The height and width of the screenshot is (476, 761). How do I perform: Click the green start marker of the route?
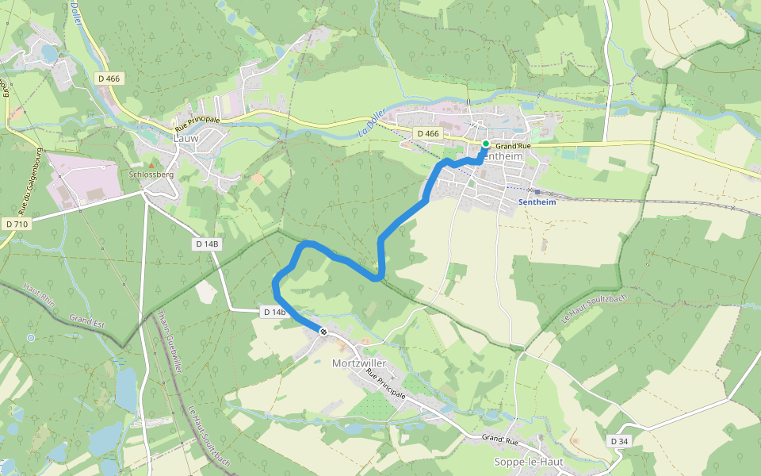pos(486,144)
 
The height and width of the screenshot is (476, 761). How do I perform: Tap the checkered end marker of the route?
pos(323,331)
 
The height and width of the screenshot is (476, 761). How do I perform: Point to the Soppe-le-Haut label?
pos(529,462)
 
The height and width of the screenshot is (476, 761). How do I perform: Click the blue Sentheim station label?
pos(537,202)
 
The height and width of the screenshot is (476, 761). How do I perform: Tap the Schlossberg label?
pos(151,174)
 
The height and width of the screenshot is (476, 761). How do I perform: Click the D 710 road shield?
pos(17,225)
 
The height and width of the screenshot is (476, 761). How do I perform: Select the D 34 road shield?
pos(620,440)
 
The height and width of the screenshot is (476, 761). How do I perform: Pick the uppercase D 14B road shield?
pos(207,244)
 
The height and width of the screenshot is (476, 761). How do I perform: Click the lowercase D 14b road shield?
pos(273,313)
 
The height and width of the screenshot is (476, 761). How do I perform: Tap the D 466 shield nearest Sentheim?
pos(427,133)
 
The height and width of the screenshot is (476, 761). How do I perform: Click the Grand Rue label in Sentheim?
pos(513,147)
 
